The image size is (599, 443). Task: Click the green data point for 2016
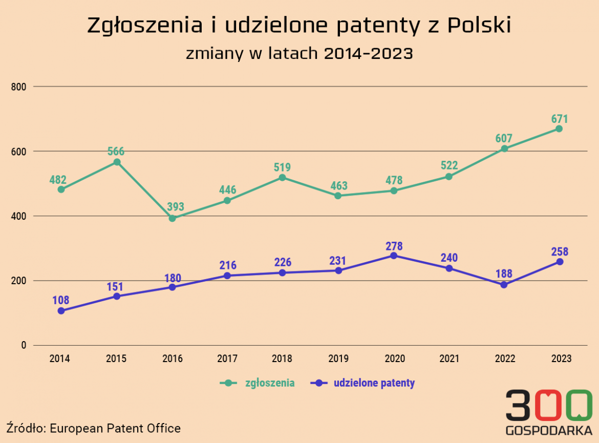pyautogui.click(x=172, y=219)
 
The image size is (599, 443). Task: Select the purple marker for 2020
pyautogui.click(x=394, y=256)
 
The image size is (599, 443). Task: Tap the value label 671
pyautogui.click(x=560, y=119)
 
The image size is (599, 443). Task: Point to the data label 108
pyautogui.click(x=61, y=301)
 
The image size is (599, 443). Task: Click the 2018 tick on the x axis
pyautogui.click(x=283, y=358)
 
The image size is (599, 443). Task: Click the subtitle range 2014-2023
pyautogui.click(x=369, y=53)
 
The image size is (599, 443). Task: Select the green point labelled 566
pyautogui.click(x=117, y=162)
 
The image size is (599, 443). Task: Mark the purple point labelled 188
pyautogui.click(x=504, y=285)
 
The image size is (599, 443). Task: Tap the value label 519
pyautogui.click(x=283, y=167)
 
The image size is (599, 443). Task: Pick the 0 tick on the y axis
pyautogui.click(x=23, y=345)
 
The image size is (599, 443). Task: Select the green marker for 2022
pyautogui.click(x=504, y=149)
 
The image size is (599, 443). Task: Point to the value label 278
pyautogui.click(x=394, y=246)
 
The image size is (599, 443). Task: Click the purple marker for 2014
pyautogui.click(x=61, y=311)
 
